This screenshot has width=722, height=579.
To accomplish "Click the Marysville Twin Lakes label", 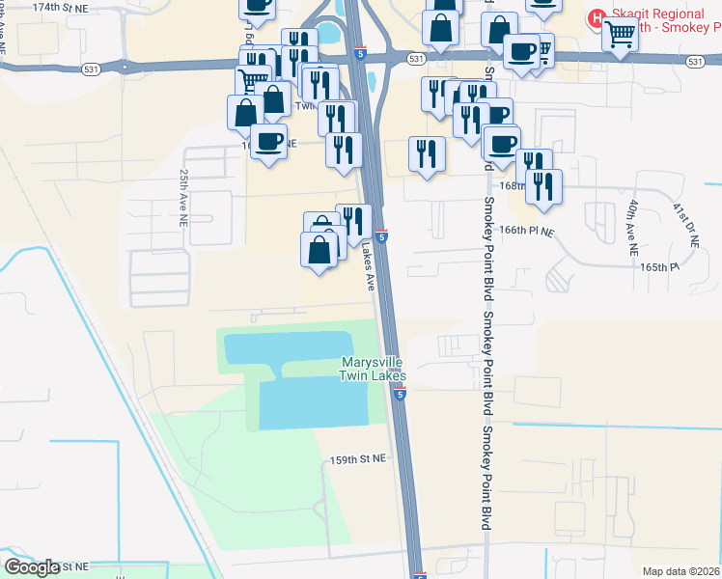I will pos(373,370).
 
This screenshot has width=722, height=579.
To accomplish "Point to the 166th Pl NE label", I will pos(527,232).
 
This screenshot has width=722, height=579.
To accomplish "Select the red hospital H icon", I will pos(597,17).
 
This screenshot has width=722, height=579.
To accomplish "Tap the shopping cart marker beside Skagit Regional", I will pos(620,35).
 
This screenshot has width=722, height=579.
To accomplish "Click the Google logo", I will pos(33,566).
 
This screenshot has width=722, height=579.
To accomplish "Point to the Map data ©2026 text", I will pos(681,571).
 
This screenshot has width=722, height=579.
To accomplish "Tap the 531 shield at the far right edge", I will pos(696,61).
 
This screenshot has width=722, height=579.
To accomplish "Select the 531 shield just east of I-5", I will pos(415,59).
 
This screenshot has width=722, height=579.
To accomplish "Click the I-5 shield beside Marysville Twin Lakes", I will pos(400,394).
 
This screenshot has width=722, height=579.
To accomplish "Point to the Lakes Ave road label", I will pos(369,267).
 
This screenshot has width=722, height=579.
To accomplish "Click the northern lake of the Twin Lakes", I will pos(289,348).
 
